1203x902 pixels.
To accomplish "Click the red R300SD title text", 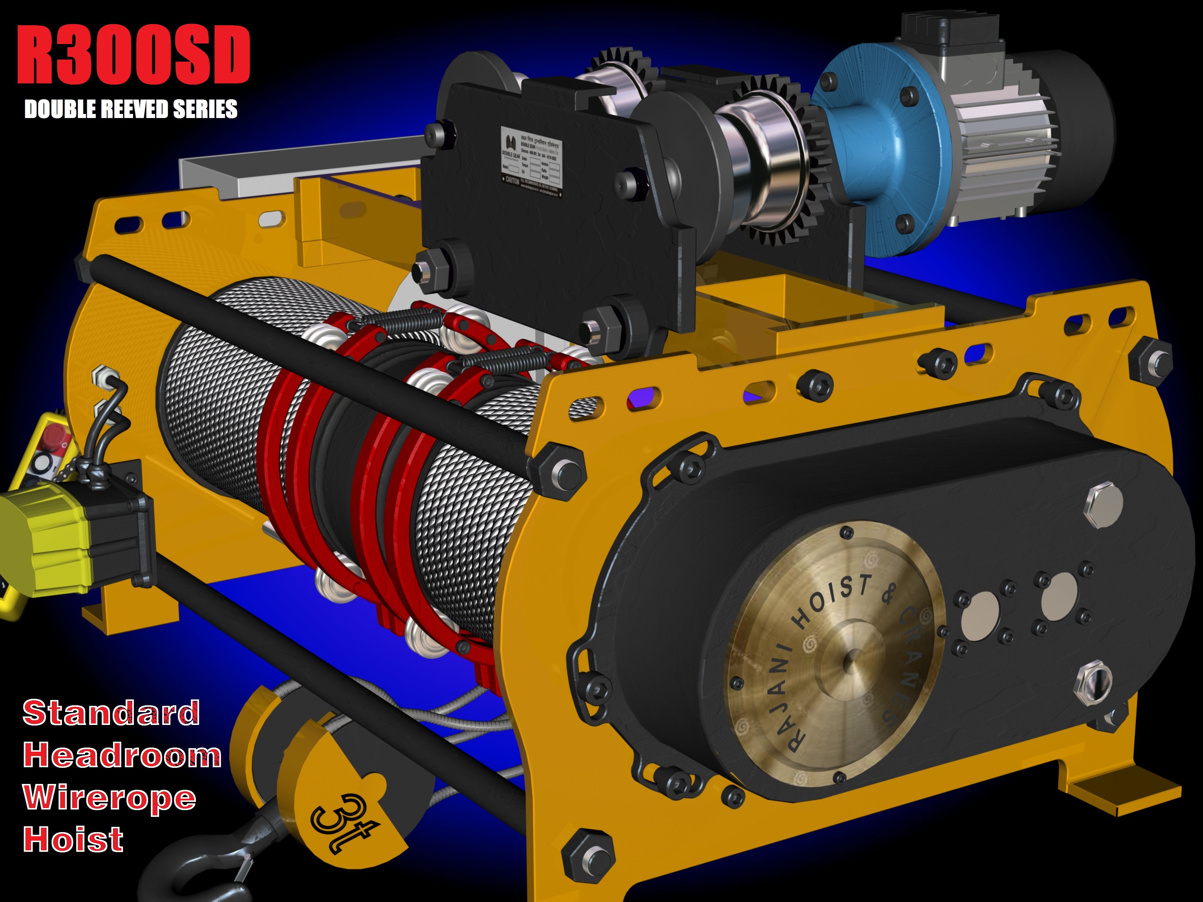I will pyautogui.click(x=133, y=55).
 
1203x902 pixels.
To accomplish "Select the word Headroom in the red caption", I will pyautogui.click(x=122, y=756).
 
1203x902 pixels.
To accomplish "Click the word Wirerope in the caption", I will pyautogui.click(x=109, y=797).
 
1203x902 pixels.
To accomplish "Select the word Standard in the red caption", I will pyautogui.click(x=111, y=713).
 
